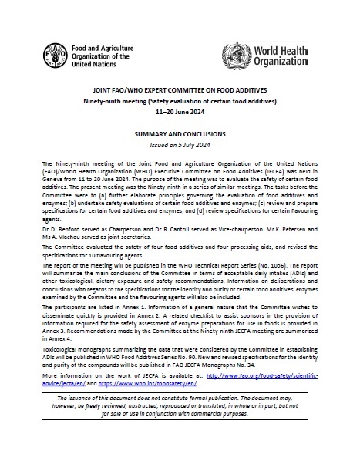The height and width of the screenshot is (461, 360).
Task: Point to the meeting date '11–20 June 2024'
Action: tap(179, 110)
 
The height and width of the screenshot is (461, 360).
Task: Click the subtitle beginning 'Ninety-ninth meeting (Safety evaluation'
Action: tap(179, 99)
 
